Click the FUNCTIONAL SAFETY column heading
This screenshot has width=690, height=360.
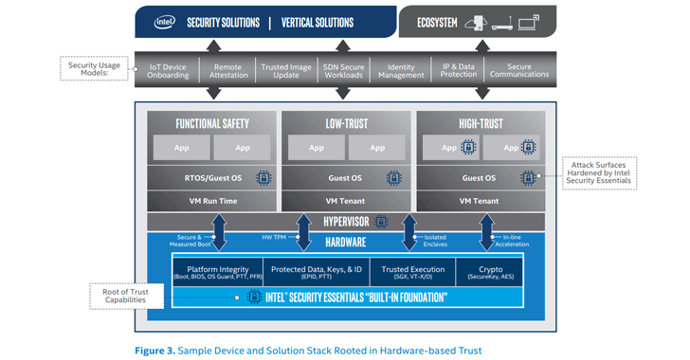tap(211, 123)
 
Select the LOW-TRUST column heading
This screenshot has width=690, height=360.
tap(347, 123)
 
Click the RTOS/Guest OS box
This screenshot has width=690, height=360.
tap(201, 177)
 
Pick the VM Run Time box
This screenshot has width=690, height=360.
tap(211, 200)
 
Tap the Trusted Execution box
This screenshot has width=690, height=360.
tap(409, 272)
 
